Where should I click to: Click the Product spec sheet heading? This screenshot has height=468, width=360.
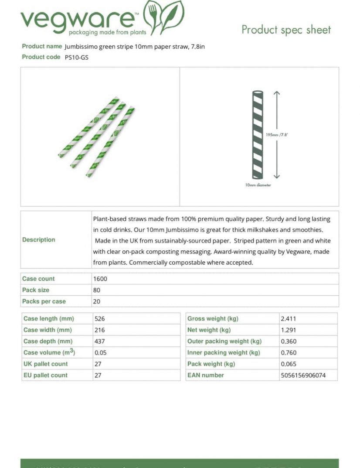(286, 30)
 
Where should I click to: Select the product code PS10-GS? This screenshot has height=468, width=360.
(76, 57)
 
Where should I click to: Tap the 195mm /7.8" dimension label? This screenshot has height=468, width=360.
(277, 135)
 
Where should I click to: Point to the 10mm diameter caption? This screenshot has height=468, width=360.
(258, 185)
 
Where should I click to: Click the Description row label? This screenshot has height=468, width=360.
(39, 239)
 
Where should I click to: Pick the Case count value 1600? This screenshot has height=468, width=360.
(100, 279)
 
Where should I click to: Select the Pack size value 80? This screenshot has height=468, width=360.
(97, 290)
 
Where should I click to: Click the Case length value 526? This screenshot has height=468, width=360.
(100, 319)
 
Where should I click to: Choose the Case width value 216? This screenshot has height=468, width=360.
(100, 330)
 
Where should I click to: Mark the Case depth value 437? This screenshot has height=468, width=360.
(100, 342)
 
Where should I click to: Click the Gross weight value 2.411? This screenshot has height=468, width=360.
(289, 319)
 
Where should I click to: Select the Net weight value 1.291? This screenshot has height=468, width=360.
(289, 330)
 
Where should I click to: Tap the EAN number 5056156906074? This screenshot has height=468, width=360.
(303, 375)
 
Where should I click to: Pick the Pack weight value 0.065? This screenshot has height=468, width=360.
(289, 364)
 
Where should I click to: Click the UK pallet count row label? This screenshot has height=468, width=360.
(46, 364)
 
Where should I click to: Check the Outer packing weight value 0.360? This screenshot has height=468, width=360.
(289, 342)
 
